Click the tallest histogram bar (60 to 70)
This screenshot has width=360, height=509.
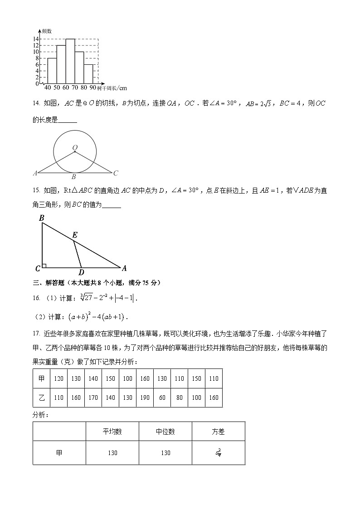point(70,62)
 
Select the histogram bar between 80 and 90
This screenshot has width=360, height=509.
point(88,74)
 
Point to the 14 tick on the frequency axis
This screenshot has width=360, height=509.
point(35,39)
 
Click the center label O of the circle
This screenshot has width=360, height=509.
point(75,147)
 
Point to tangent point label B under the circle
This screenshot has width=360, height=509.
point(73,177)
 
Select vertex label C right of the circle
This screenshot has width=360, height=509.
point(116,173)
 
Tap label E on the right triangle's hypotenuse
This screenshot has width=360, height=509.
point(74,235)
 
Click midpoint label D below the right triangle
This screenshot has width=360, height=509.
point(81,272)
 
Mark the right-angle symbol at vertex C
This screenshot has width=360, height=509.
point(44,265)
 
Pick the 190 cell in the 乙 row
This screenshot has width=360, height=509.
point(145,398)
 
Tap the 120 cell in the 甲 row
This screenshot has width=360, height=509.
point(59,378)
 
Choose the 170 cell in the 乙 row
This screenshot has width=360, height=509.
point(93,398)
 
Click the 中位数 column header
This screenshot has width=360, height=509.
point(165,432)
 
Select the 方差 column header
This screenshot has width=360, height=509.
point(218,432)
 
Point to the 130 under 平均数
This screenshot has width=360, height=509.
point(112,453)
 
